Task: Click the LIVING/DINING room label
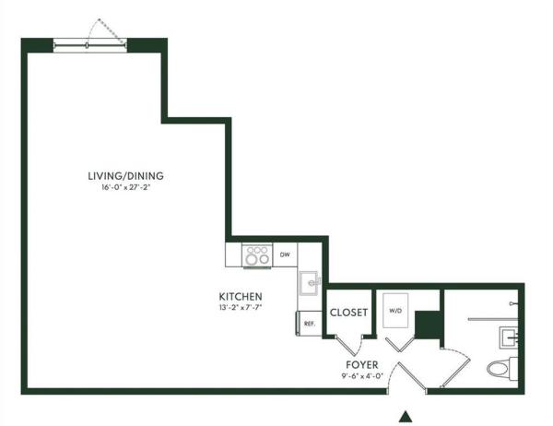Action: click(125, 175)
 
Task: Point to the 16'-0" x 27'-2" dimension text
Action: click(125, 188)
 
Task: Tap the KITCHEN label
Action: click(241, 296)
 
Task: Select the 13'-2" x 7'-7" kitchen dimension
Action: click(241, 308)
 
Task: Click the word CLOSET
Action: click(349, 313)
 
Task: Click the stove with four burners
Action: click(255, 254)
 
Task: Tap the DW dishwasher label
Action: click(286, 254)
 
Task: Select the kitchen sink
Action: click(309, 281)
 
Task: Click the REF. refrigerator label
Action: click(310, 324)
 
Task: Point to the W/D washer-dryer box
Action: click(398, 311)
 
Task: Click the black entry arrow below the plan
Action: click(404, 416)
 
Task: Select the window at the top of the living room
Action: click(89, 43)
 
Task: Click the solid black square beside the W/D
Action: click(426, 325)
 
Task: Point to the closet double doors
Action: click(349, 345)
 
